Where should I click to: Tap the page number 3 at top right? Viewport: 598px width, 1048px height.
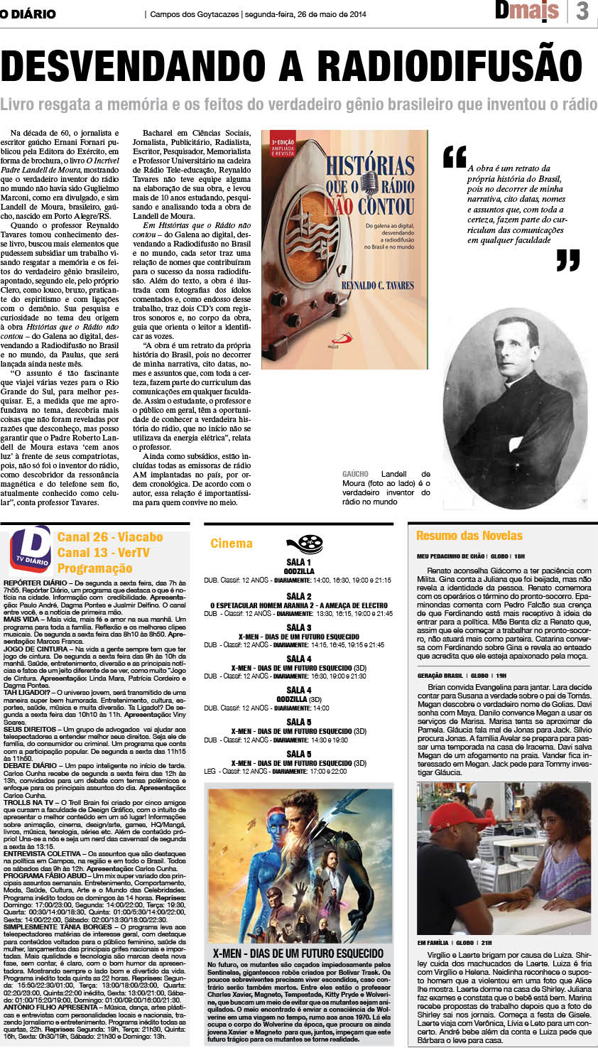coord(583,12)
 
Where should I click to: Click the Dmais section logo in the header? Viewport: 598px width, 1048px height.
coord(527,11)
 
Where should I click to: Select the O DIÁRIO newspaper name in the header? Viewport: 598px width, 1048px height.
coord(28,13)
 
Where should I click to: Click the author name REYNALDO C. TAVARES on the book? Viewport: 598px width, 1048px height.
coord(377,285)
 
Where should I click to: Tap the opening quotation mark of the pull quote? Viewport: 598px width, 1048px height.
coord(455,157)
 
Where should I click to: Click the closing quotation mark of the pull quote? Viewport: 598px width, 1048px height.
coord(568,261)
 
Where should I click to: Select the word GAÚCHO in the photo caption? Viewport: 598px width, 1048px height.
coord(355,474)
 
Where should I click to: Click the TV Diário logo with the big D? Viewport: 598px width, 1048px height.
coord(30,548)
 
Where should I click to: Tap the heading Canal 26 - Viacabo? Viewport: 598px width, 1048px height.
coord(110,537)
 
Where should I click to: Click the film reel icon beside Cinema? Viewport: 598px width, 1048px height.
coord(310,544)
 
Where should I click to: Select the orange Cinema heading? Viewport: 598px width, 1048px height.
coord(232,544)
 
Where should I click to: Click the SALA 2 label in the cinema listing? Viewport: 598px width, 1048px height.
coord(299,596)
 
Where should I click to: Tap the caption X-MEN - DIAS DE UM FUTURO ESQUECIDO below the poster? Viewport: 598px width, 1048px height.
coord(298,954)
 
